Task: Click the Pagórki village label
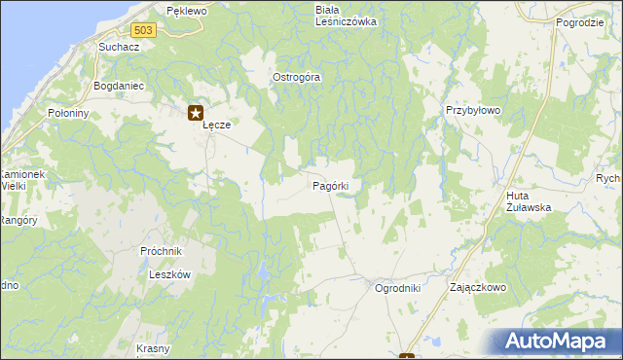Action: point(338,185)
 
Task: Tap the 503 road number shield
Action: point(143,30)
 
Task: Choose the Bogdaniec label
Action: point(118,86)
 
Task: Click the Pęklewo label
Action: point(187,11)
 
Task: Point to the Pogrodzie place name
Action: point(581,21)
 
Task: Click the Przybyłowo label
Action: point(472,111)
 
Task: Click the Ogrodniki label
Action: point(397,288)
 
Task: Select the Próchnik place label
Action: point(162,251)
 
